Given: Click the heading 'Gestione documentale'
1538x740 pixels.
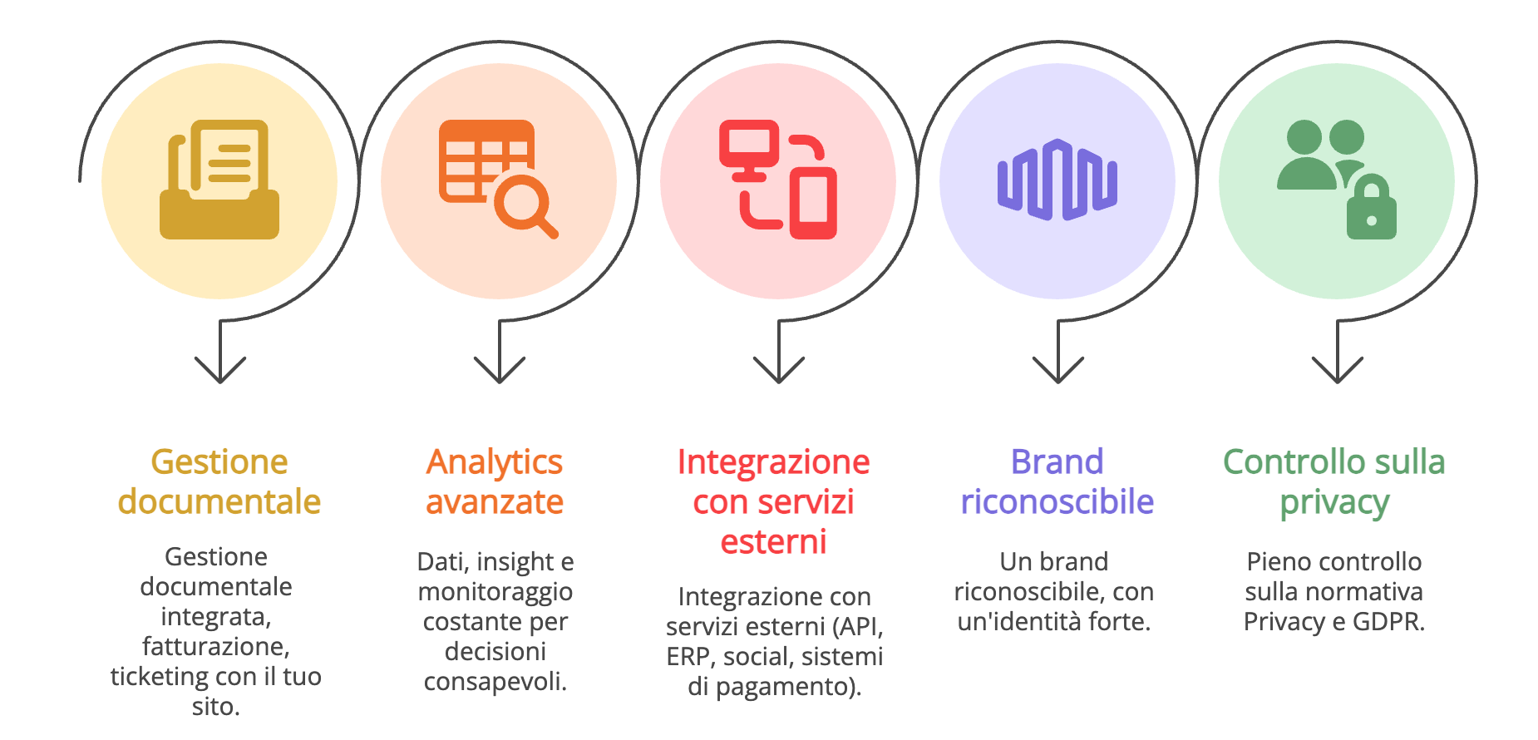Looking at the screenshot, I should click(x=219, y=481).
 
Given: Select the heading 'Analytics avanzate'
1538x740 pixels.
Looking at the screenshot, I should click(x=495, y=481).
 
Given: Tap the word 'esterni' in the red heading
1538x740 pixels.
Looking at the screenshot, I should click(x=773, y=542).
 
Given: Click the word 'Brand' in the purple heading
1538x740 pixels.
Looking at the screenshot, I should click(x=1057, y=461).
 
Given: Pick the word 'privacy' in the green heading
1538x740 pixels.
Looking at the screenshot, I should click(x=1334, y=503).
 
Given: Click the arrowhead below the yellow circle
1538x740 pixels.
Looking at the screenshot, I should click(x=220, y=369).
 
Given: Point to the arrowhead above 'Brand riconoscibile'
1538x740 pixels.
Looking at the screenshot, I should click(x=1058, y=369).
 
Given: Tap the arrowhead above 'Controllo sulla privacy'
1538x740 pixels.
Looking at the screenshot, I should click(x=1338, y=369).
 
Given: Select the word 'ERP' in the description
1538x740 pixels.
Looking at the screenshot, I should click(x=688, y=657).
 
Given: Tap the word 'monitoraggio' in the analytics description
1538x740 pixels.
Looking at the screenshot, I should click(x=495, y=592).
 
